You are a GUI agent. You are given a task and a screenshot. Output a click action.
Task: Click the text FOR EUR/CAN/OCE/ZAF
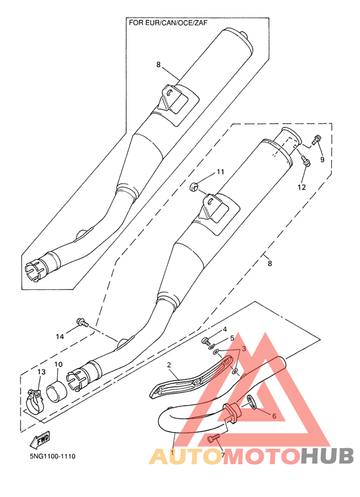(168, 23)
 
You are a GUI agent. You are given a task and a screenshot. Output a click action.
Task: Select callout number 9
(322, 159)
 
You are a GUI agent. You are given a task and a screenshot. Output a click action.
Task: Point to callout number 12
(301, 187)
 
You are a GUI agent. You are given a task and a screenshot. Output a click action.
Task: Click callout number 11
(221, 172)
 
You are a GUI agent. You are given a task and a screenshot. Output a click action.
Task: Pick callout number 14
(60, 336)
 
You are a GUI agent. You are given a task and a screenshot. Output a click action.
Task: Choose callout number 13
(42, 372)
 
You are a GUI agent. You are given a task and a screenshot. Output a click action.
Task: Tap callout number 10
(59, 365)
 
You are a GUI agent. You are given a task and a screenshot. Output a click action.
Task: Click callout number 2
(169, 365)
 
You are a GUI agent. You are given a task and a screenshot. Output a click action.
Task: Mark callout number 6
(274, 416)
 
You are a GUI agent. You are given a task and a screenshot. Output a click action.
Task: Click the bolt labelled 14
(82, 323)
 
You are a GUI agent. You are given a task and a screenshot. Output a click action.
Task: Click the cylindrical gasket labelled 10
(57, 392)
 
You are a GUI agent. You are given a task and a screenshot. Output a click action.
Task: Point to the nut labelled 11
(194, 186)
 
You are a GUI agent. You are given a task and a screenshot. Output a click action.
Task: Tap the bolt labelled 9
(316, 140)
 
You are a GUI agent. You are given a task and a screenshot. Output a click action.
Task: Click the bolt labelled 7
(213, 438)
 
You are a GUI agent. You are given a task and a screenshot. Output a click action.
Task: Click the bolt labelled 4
(206, 341)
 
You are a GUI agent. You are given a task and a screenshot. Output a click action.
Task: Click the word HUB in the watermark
(327, 456)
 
